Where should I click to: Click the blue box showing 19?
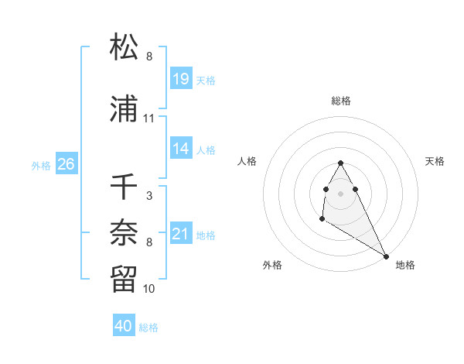181,79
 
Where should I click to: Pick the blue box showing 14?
181,149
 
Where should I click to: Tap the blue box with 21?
181,234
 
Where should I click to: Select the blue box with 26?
66,164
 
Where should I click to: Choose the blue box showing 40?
124,327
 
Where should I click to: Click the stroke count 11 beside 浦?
148,118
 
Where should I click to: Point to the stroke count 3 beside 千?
148,196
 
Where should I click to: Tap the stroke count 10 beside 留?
148,289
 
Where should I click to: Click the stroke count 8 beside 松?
148,57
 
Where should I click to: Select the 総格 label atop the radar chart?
341,101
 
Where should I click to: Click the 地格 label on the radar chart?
405,265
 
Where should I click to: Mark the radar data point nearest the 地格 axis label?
386,256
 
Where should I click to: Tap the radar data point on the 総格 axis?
340,163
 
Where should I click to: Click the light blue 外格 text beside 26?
41,165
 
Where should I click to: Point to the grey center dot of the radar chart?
340,193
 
